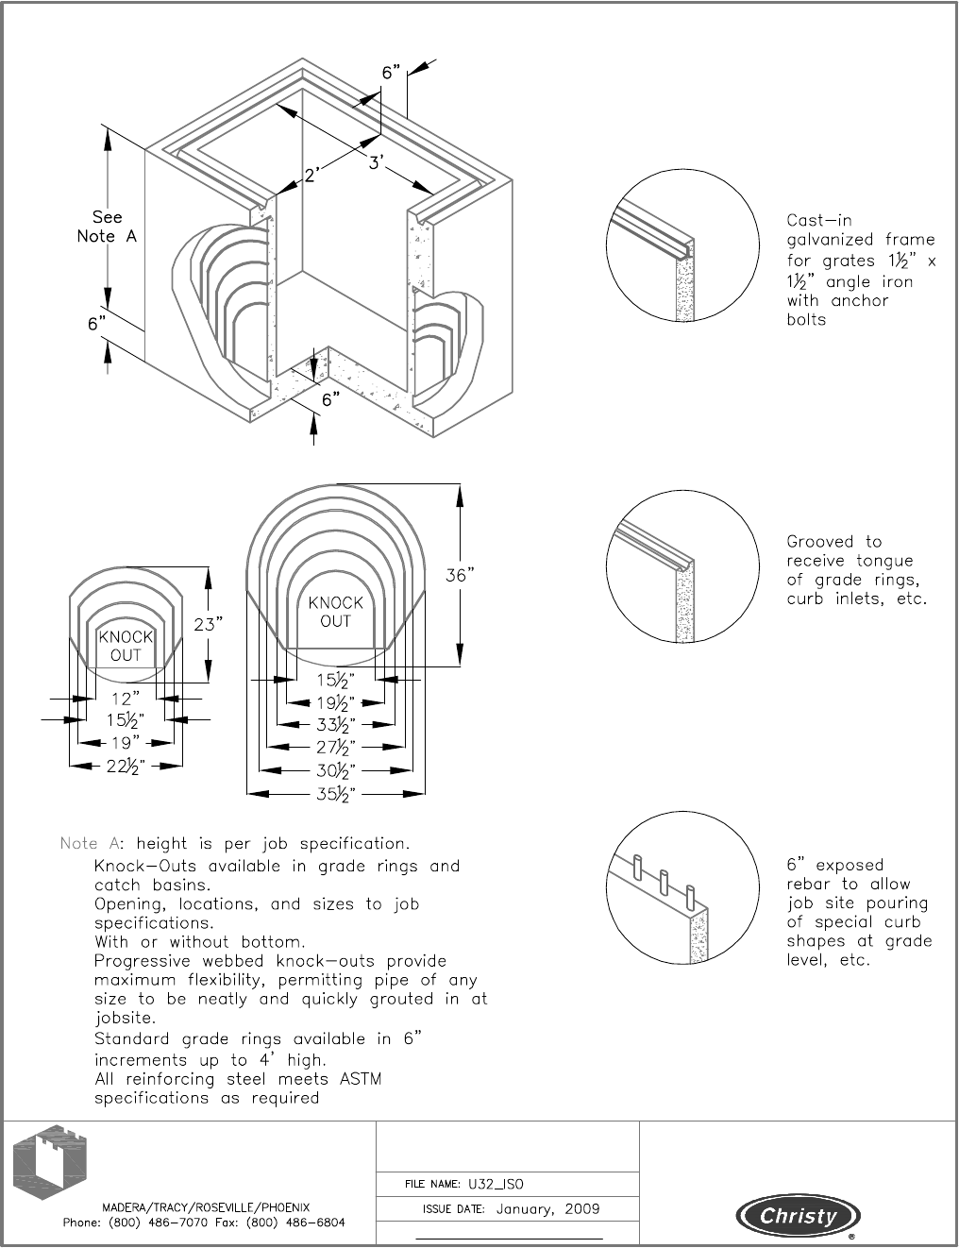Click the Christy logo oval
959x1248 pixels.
click(799, 1216)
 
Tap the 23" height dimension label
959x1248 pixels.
click(209, 624)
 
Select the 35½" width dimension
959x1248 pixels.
click(335, 794)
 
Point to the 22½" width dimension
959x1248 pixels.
click(125, 767)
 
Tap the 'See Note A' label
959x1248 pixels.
click(107, 227)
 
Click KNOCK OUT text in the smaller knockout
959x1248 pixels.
click(126, 646)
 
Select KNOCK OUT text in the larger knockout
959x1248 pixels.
click(335, 612)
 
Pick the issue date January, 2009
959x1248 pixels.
click(547, 1208)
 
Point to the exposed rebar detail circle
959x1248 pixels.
click(682, 892)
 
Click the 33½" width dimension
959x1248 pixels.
click(335, 725)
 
